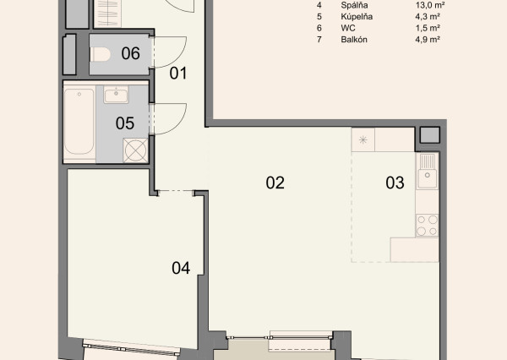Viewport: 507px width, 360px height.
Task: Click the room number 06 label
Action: tap(131, 53)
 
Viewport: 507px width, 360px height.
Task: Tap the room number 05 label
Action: tap(125, 123)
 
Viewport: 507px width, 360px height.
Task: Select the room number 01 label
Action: tap(178, 74)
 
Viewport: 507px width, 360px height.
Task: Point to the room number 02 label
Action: tap(275, 183)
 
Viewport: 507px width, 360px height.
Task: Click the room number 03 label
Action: tap(395, 183)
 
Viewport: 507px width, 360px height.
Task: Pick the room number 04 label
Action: tap(181, 268)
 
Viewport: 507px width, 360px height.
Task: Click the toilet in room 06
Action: tap(101, 54)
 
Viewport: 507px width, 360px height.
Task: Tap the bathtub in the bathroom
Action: tap(79, 122)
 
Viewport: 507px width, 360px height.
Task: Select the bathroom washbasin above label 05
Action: tap(116, 95)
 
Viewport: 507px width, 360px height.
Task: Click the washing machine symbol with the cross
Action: tap(135, 150)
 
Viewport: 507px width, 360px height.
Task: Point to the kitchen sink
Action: tap(427, 171)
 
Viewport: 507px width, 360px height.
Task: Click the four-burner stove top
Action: tap(427, 225)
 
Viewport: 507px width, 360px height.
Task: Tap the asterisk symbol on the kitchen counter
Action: tap(363, 139)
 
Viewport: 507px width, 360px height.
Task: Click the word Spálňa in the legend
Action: tap(354, 5)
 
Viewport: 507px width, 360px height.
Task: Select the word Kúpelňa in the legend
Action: tap(357, 17)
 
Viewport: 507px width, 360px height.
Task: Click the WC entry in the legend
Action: tap(348, 28)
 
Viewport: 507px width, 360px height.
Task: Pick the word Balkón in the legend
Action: tap(354, 40)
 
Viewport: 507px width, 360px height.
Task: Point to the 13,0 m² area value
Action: tap(430, 5)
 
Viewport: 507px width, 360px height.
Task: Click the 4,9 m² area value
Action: tap(428, 40)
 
